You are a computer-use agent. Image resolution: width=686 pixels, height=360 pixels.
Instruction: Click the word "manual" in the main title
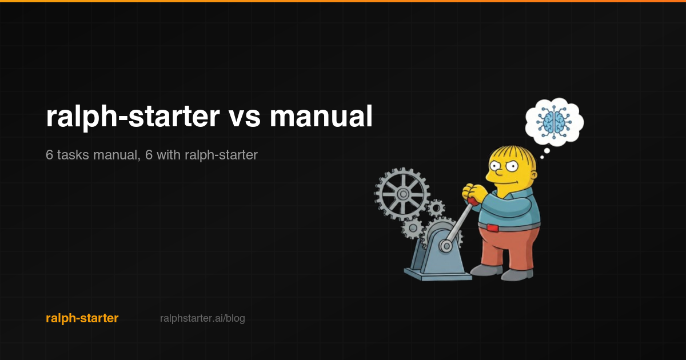[321, 117]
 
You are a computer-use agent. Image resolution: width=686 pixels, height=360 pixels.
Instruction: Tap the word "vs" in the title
[244, 117]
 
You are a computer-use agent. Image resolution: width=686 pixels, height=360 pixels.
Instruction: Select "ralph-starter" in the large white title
[133, 117]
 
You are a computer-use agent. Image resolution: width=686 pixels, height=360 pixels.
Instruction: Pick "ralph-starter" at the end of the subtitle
[221, 154]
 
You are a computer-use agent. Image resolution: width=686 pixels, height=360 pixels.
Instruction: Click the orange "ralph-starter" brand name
[82, 318]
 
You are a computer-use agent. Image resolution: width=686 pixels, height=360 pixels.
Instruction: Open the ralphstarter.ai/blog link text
[202, 318]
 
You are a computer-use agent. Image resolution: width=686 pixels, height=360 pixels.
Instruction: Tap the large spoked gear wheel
[402, 194]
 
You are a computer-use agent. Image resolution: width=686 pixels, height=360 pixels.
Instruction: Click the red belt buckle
[492, 228]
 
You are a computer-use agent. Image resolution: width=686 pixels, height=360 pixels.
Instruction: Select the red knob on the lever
[473, 201]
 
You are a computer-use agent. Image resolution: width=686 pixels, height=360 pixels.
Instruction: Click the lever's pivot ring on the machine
[445, 246]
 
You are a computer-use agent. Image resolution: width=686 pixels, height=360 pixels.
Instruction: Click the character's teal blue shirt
[512, 206]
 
